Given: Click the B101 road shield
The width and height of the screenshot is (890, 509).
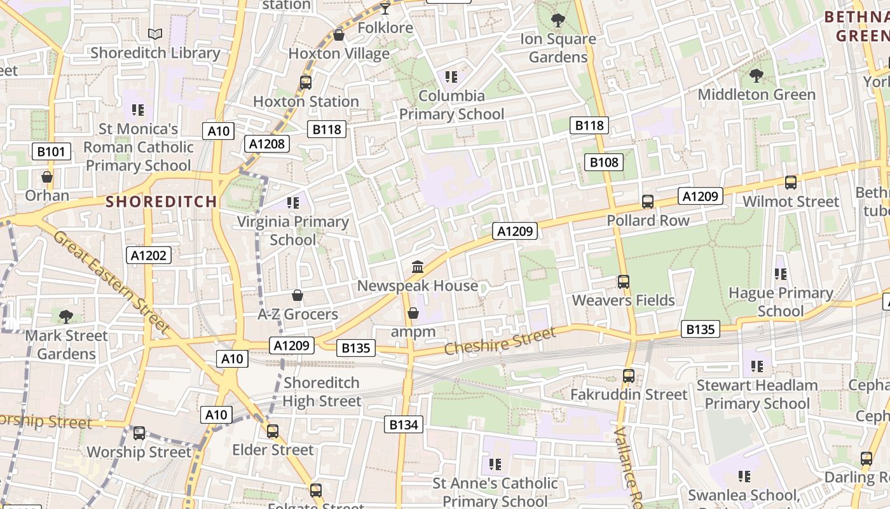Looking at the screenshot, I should pos(51,151).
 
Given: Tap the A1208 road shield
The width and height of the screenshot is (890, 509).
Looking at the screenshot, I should pos(267,144).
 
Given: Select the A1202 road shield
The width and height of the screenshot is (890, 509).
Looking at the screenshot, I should pos(149,256).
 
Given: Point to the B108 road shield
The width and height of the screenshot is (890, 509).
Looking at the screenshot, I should pos(604,162).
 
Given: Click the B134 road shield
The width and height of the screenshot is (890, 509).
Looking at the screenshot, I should pos(404,424).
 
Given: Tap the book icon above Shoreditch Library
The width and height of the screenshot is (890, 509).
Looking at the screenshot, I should pos(155,34).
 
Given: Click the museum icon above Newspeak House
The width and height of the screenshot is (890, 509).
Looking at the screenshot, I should pos(418,267).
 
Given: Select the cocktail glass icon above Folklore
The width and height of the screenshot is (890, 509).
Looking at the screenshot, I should pos(385,9).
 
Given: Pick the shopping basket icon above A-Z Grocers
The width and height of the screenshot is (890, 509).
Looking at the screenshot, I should pos(297,295).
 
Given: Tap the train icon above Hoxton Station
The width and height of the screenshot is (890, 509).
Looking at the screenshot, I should pos(306,83).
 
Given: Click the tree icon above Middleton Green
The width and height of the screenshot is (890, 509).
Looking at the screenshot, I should pos(756,76).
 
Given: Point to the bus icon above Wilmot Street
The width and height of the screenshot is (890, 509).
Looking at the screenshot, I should pos(791,183).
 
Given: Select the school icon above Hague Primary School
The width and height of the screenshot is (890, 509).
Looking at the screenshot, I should pos(781,274).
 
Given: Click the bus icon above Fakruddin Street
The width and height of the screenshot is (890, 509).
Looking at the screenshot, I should pos(629,376).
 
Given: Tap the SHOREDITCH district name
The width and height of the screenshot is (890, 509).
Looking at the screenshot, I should pos(161,202).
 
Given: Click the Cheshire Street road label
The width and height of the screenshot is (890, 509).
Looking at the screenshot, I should pos(500,341).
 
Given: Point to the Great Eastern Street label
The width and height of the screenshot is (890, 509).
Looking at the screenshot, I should pos(112,282).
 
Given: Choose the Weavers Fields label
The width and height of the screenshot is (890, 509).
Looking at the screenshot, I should pos(624,300).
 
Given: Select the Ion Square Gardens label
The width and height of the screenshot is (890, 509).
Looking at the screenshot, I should pos(558,48).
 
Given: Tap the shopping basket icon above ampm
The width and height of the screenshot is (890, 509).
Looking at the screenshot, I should pos(413,313).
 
